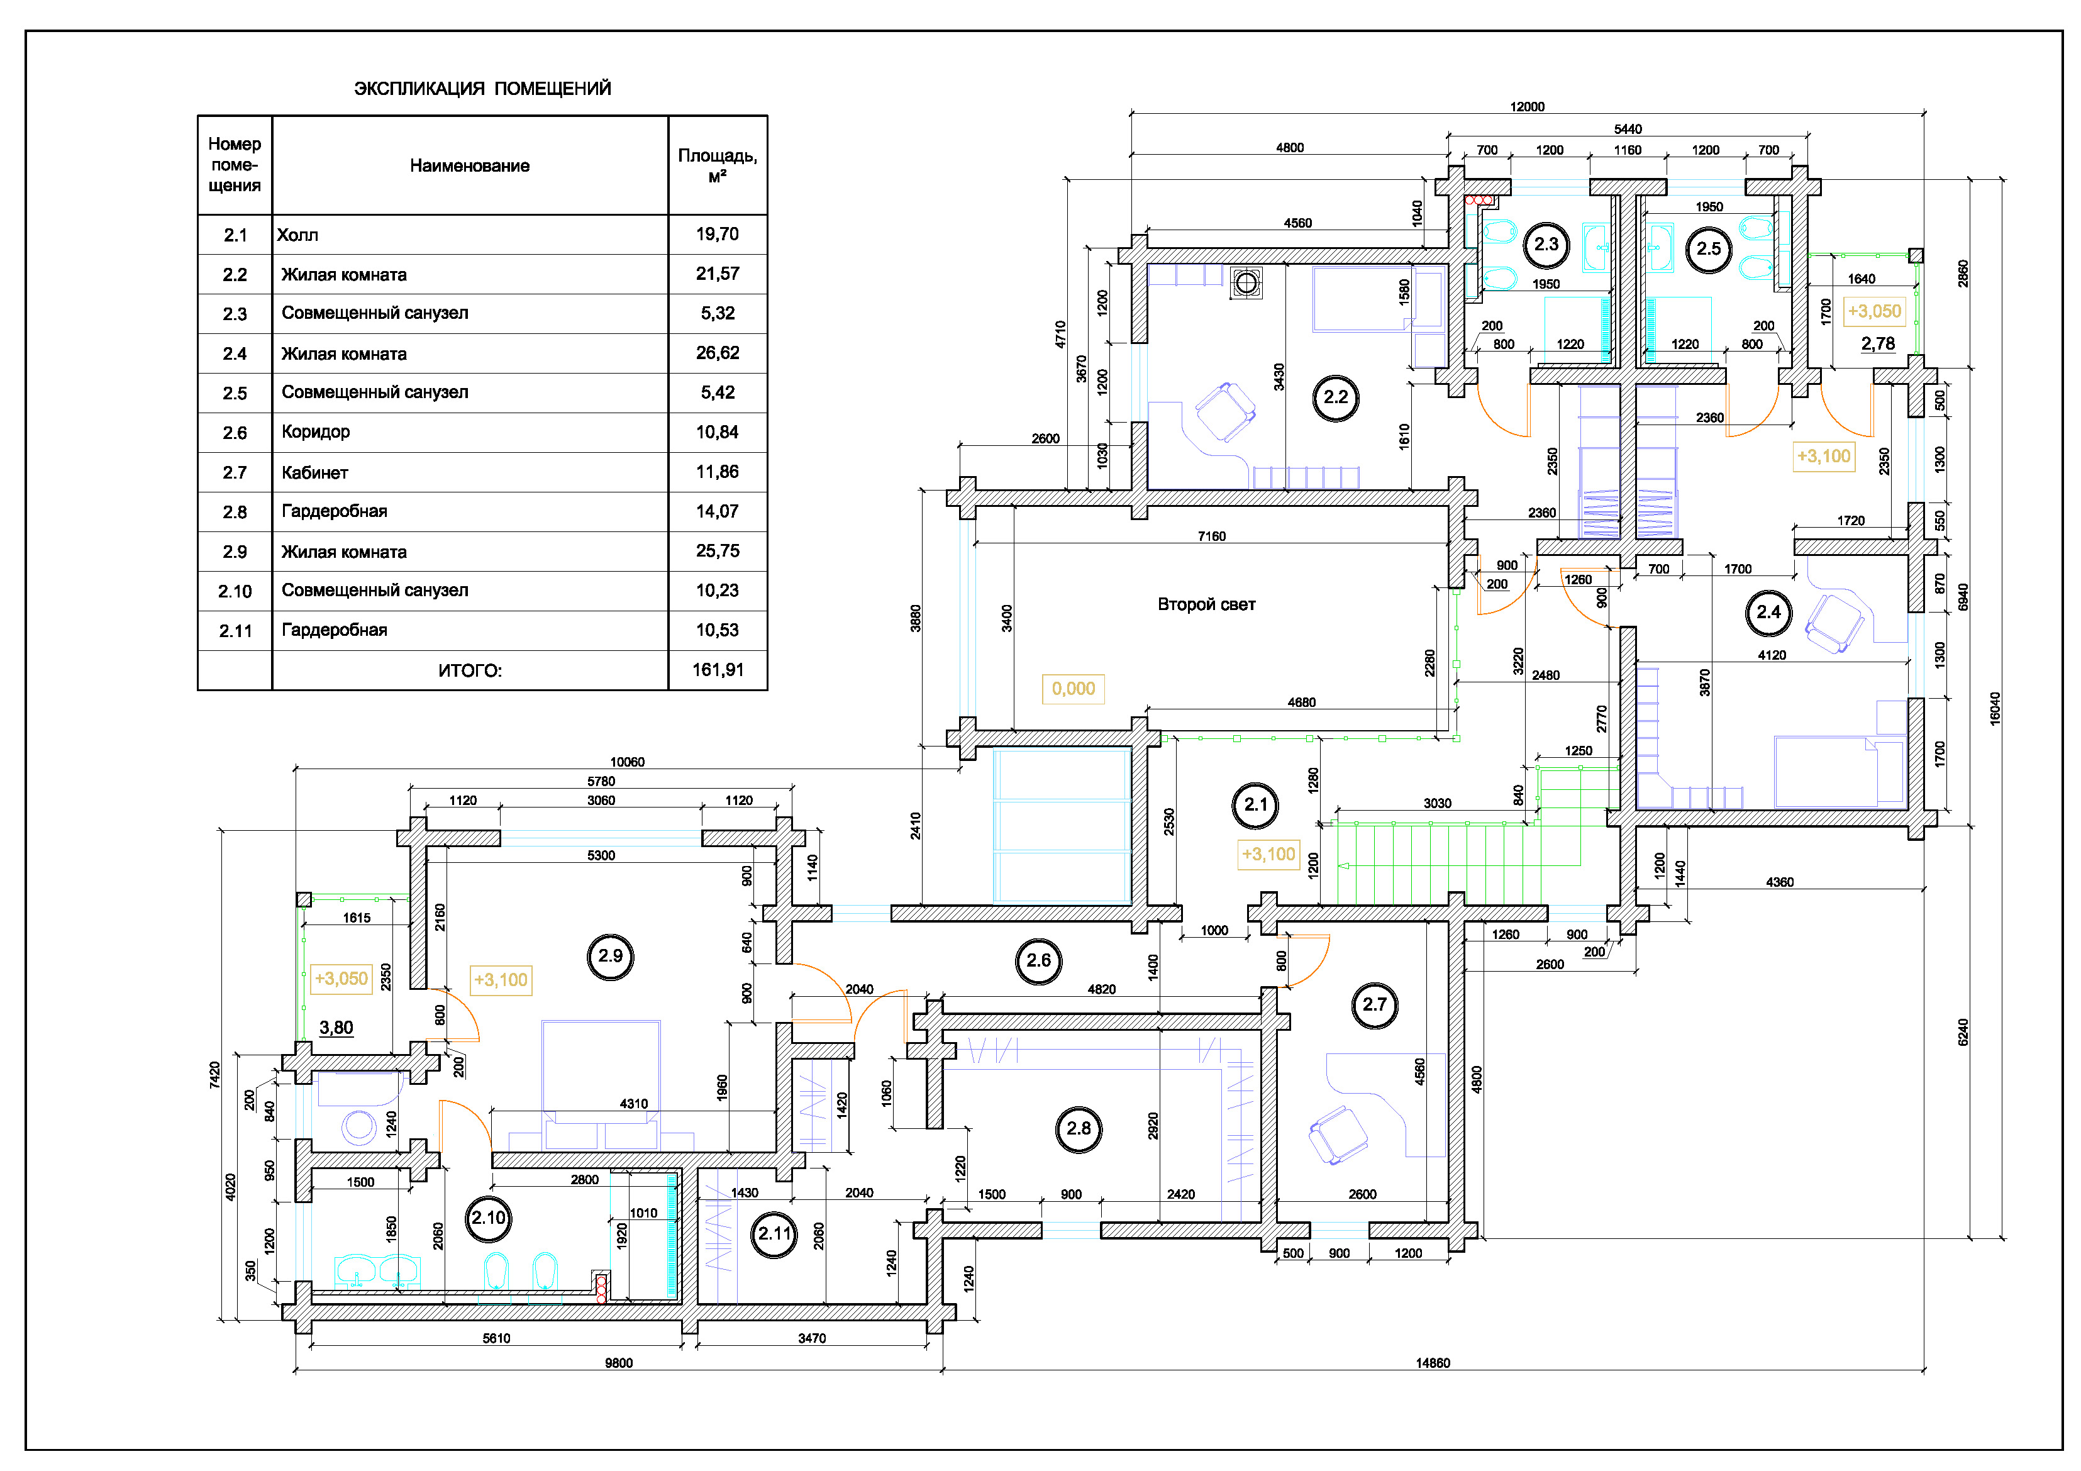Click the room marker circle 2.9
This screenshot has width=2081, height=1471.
[x=610, y=956]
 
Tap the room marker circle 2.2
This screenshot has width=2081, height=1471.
[x=1335, y=397]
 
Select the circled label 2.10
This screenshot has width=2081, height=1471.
[x=489, y=1218]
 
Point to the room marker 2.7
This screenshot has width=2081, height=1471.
[x=1374, y=1004]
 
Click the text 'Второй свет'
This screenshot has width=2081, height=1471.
[x=1206, y=604]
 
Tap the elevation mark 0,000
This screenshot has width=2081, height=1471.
[x=1073, y=689]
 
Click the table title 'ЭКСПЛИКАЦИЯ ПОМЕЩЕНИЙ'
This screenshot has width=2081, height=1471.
[x=482, y=89]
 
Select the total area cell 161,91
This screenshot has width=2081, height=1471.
[x=718, y=670]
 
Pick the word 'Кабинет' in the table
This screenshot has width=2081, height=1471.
[x=314, y=472]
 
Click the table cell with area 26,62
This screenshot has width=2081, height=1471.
[x=718, y=353]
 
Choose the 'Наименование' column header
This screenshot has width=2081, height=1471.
[x=470, y=166]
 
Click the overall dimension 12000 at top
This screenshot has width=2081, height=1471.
[x=1527, y=107]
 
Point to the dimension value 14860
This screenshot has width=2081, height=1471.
[x=1433, y=1363]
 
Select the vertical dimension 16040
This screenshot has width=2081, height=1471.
[x=1995, y=709]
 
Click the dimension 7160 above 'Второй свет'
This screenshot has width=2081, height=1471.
[x=1212, y=536]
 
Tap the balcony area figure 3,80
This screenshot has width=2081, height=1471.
[x=336, y=1028]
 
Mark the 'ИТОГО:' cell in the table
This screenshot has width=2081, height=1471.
[x=470, y=670]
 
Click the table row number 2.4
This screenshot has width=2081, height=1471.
[x=235, y=353]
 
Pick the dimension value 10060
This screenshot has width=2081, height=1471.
[x=627, y=762]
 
